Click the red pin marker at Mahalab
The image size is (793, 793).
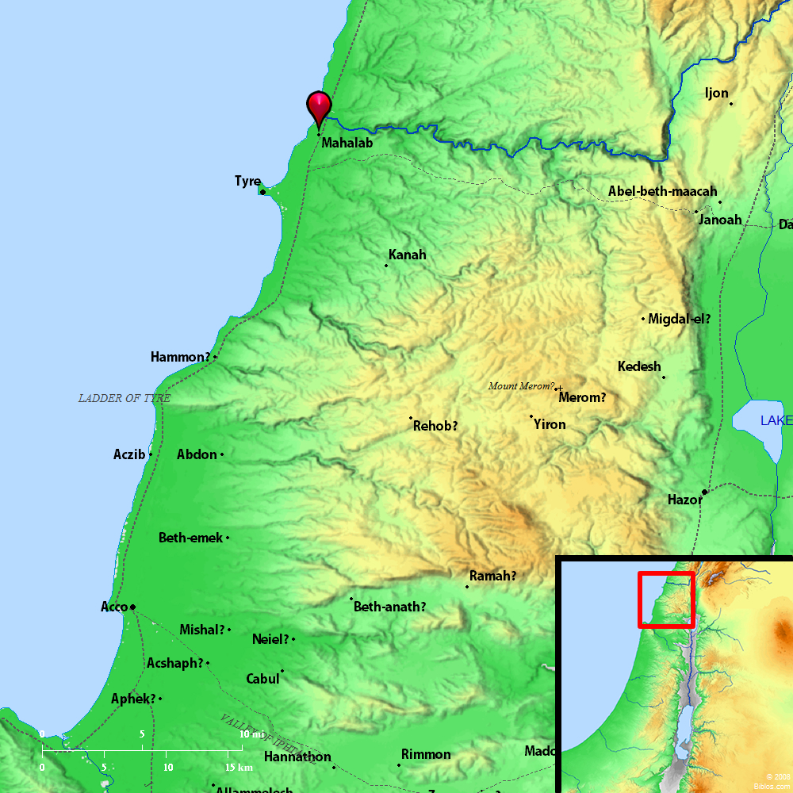(319, 107)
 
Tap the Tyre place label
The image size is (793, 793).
(247, 182)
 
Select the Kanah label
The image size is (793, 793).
(407, 255)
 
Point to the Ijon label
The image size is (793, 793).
(716, 93)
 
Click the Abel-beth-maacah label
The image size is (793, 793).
(662, 191)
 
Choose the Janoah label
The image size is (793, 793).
(720, 220)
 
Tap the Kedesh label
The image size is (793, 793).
(639, 366)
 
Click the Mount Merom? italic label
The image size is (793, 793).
(521, 386)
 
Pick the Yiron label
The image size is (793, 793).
(550, 424)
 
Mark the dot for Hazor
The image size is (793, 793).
(704, 492)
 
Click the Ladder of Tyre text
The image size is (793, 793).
(124, 398)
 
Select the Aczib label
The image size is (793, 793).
(129, 454)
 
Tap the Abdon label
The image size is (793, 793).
(197, 454)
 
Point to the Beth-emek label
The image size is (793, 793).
(190, 538)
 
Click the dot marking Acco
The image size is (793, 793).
(132, 607)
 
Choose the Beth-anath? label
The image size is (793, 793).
(389, 607)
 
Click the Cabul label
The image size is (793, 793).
(262, 679)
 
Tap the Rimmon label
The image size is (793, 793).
(426, 754)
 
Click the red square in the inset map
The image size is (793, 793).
(666, 600)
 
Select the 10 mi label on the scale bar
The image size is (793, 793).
(252, 734)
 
